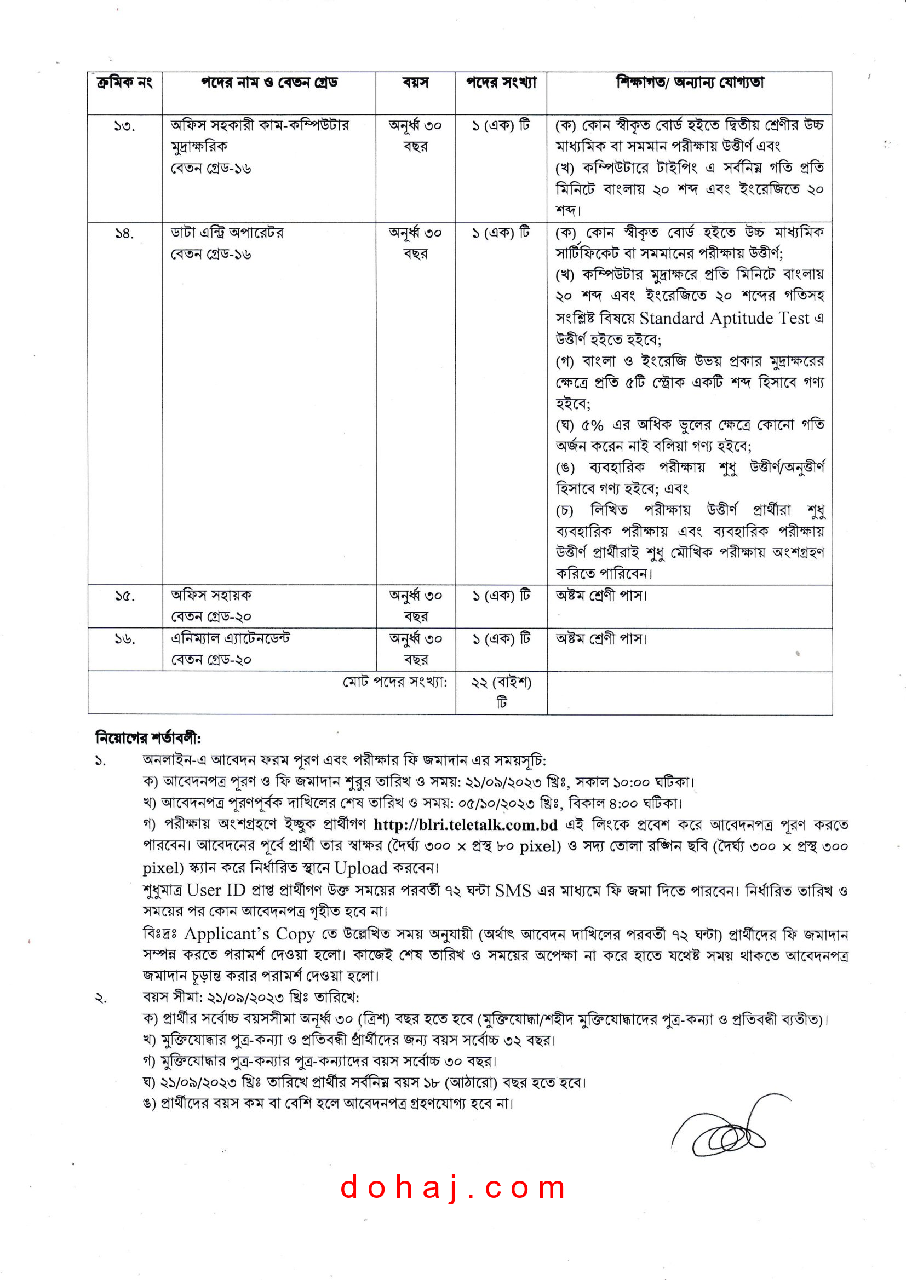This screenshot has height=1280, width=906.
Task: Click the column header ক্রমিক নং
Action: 124,83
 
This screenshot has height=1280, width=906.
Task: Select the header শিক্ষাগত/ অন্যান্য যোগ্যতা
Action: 690,83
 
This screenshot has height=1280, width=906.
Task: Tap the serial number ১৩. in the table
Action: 124,126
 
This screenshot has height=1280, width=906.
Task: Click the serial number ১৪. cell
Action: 124,234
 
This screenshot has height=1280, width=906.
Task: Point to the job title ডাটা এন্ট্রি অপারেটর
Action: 227,233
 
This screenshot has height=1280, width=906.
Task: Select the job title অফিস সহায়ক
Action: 211,596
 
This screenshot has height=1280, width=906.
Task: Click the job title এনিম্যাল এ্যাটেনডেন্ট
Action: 231,638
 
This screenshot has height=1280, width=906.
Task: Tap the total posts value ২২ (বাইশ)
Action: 501,682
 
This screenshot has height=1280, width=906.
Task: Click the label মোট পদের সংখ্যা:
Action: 395,682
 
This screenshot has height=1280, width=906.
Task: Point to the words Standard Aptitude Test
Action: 724,318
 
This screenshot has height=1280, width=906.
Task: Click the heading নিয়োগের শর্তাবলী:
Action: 148,738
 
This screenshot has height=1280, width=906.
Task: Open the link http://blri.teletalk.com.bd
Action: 466,824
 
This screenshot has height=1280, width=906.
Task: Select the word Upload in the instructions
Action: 360,868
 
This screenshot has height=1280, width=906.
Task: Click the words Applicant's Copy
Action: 249,934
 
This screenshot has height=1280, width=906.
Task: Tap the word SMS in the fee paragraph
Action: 513,890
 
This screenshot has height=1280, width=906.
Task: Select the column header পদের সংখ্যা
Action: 501,83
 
